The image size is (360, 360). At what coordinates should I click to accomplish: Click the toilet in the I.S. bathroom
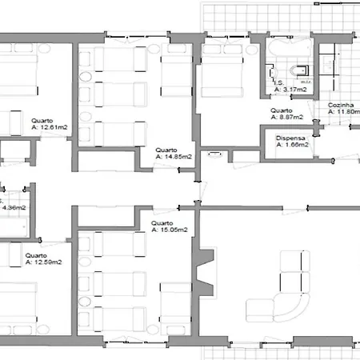(301, 70)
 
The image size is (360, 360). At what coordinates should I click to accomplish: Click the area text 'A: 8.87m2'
(285, 116)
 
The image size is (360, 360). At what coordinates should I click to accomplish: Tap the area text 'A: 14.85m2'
(174, 156)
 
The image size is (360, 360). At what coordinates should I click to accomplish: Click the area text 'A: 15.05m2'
(170, 230)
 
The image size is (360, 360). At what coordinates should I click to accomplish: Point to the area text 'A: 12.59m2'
(43, 262)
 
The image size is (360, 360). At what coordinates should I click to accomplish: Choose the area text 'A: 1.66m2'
(293, 145)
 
